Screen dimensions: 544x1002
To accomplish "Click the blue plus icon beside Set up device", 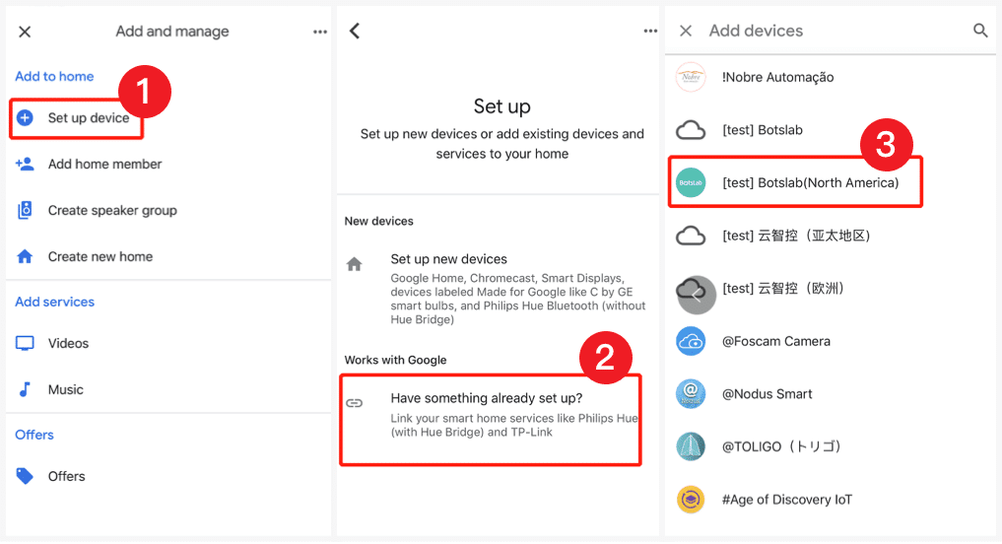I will coord(26,118).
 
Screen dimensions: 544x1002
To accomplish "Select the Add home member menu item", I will coord(104,165).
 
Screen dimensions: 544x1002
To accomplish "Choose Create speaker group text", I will coord(112,210).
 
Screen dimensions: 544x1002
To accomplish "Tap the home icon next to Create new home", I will coord(26,256).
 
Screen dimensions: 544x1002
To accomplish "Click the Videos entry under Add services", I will coord(68,343).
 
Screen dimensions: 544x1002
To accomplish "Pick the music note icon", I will coord(26,389).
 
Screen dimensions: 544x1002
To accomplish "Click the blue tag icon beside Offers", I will coord(26,476).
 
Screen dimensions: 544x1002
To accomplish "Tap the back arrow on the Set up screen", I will coord(355,31).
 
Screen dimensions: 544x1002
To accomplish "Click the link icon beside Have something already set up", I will coord(355,403).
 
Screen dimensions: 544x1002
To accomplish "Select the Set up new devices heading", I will coord(448,259).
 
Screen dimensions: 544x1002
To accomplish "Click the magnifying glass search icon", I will coord(980,31).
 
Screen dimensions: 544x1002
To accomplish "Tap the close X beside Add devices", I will coord(686,31).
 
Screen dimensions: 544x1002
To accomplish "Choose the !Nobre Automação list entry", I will coord(777,77).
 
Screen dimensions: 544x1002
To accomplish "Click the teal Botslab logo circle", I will coord(691,182).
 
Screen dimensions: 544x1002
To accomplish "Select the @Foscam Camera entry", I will coord(775,341).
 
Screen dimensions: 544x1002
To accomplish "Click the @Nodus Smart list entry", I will coord(767,394).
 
